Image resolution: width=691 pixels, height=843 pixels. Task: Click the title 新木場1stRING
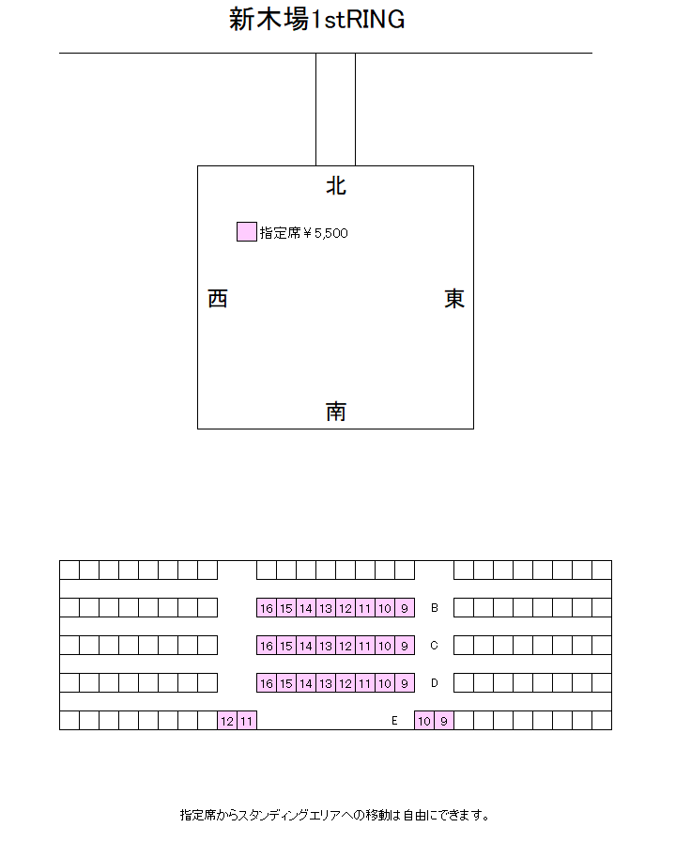point(317,20)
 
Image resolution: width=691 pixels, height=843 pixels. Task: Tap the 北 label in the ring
point(336,186)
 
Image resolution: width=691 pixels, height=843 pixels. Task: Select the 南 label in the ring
point(336,412)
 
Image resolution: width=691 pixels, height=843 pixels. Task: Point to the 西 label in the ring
point(218,299)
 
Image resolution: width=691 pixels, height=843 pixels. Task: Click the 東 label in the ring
point(454,299)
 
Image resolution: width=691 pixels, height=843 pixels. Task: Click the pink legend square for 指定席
point(246,232)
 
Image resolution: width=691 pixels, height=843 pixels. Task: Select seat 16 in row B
point(267,608)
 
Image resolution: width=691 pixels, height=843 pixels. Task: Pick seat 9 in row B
point(405,608)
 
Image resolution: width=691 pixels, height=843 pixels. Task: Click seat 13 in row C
point(326,646)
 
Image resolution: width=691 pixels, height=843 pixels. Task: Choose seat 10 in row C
point(385,646)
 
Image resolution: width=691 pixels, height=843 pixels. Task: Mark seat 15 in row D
point(286,683)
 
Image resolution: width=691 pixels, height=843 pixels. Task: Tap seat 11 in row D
point(365,683)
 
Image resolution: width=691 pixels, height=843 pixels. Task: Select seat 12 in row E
point(227,721)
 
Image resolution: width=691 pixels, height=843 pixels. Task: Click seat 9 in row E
point(444,721)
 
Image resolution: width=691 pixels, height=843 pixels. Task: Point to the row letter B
point(435,608)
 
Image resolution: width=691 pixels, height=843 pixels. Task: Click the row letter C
point(435,646)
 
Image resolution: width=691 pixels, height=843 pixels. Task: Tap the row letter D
point(435,683)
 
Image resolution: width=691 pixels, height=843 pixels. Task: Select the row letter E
point(394,721)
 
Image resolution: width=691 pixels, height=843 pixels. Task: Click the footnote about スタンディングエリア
point(335,815)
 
